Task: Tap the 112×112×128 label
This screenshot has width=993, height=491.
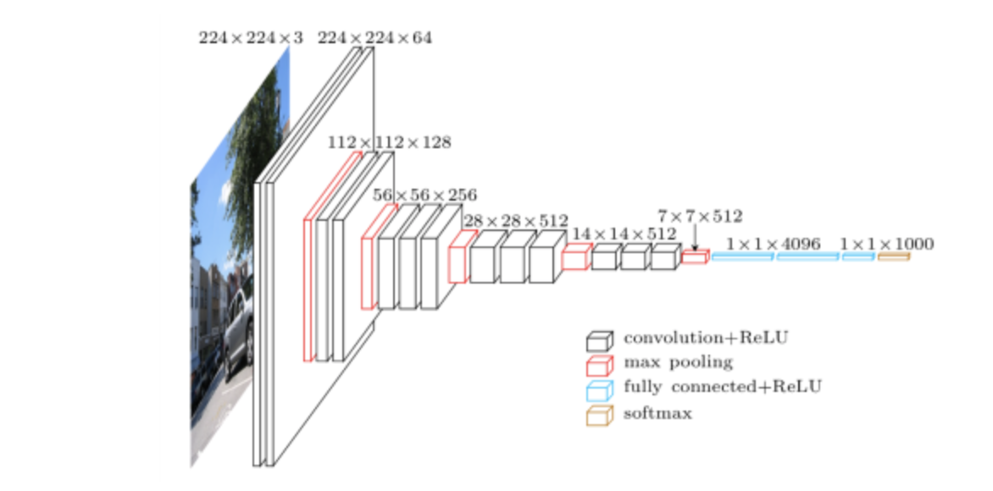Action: pos(390,142)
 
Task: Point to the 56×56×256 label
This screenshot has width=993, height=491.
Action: pos(425,195)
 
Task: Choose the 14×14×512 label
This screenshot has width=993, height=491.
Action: pos(624,233)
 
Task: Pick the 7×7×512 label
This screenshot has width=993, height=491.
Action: pos(700,217)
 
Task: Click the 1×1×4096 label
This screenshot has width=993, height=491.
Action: pos(774,244)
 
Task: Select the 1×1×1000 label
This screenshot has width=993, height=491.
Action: pos(887,244)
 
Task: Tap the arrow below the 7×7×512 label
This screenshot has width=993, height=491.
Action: pos(695,239)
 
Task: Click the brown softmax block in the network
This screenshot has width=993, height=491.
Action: pos(893,256)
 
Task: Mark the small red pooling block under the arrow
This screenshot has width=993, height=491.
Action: pos(694,257)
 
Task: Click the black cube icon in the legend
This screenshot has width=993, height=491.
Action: pos(598,341)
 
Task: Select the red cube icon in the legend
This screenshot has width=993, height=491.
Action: pos(598,366)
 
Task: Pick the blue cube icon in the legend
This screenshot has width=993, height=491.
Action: pos(598,390)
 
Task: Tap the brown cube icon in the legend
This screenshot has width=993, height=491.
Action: pos(598,415)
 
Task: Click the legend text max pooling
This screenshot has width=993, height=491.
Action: pos(678,362)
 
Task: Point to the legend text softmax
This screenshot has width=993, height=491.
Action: pos(657,413)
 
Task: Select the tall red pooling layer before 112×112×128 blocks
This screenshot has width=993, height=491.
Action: pos(309,288)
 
